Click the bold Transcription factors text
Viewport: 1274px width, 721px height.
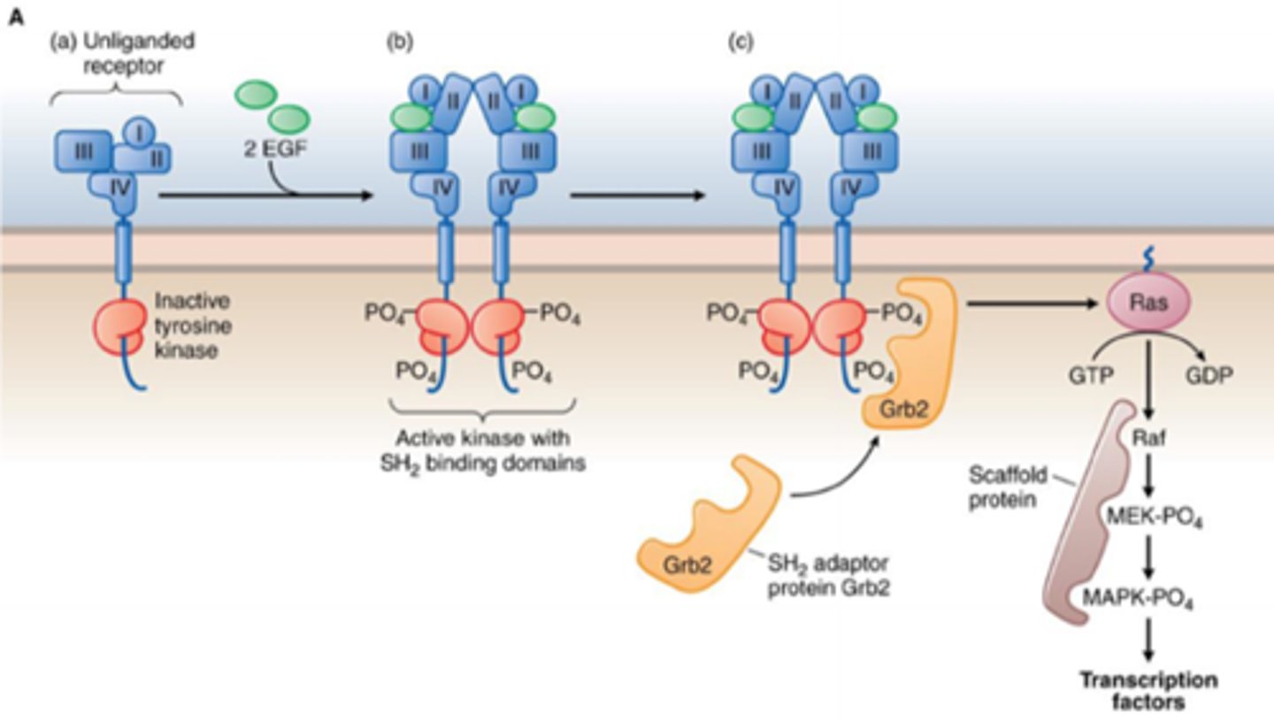(x=1148, y=692)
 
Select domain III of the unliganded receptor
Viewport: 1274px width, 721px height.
(x=83, y=150)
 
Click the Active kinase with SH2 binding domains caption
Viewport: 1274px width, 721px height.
(x=482, y=450)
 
